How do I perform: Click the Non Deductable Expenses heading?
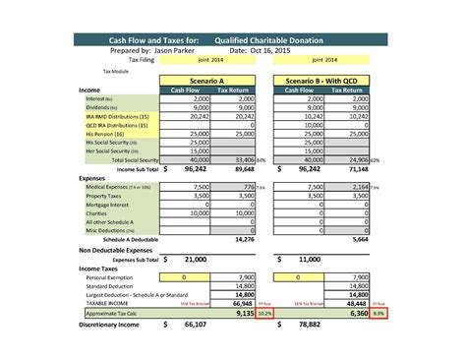click(123, 250)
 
